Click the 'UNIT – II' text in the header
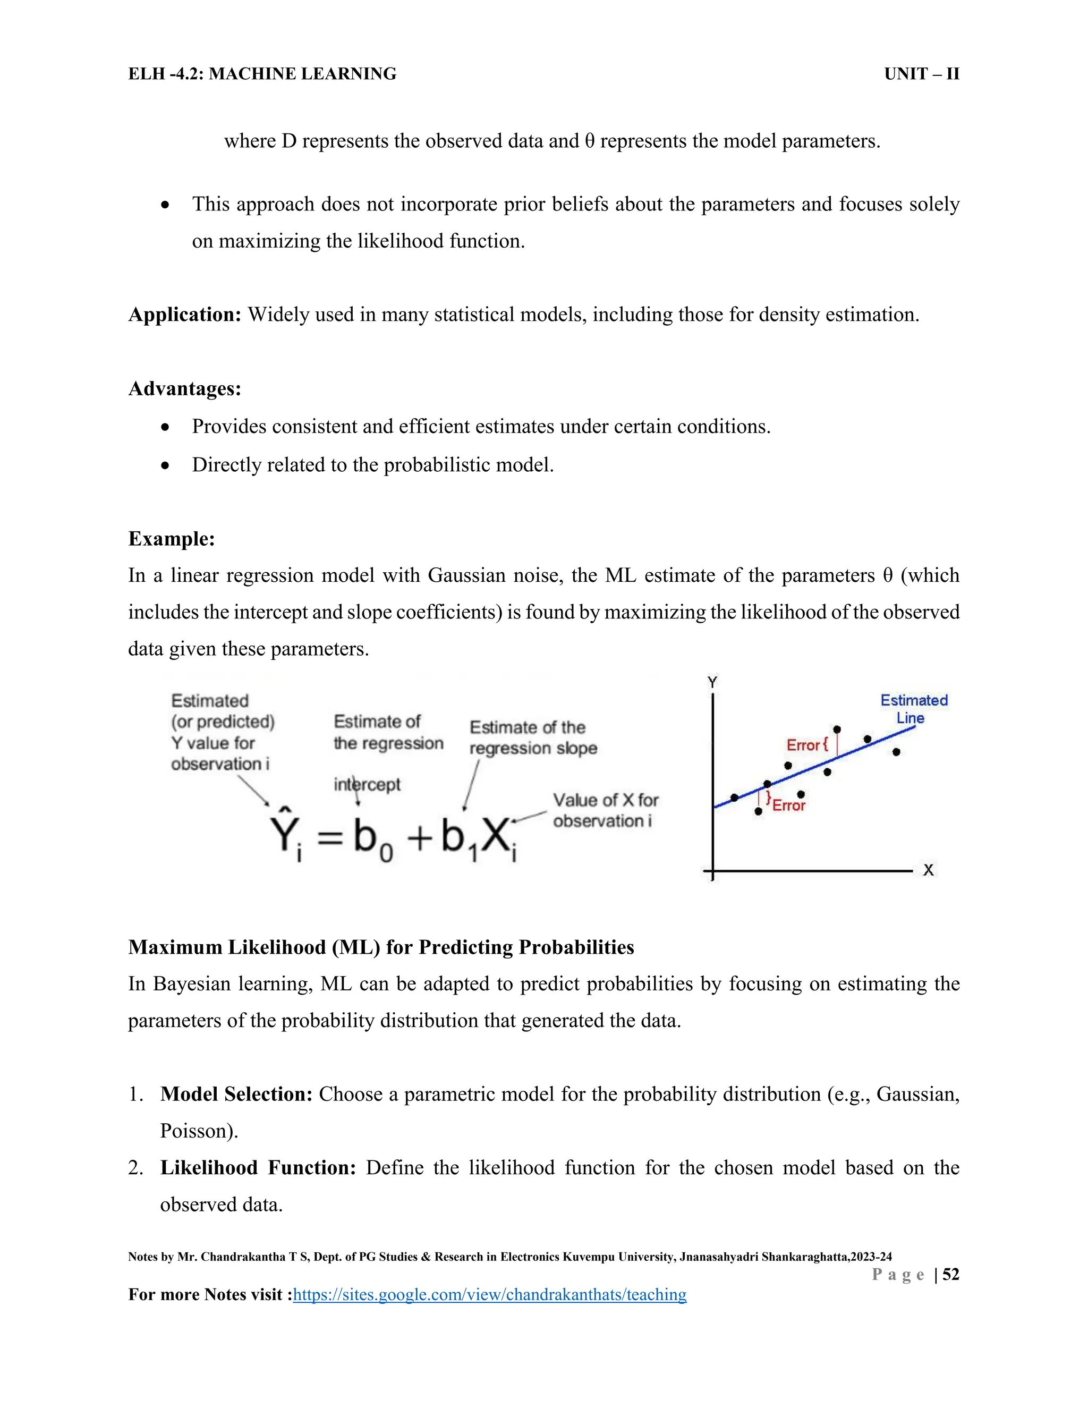point(921,74)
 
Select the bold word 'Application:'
point(185,315)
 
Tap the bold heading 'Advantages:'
point(185,389)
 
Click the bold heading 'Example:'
point(172,538)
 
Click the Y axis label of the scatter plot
point(712,682)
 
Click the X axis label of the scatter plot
point(928,870)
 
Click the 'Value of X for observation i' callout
point(605,810)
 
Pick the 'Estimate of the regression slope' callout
point(533,737)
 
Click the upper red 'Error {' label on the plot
point(806,745)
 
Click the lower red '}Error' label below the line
point(786,804)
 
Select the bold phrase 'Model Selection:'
point(236,1094)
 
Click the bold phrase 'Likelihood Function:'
point(258,1167)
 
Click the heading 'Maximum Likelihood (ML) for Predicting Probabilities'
point(381,947)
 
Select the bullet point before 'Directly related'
point(166,465)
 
